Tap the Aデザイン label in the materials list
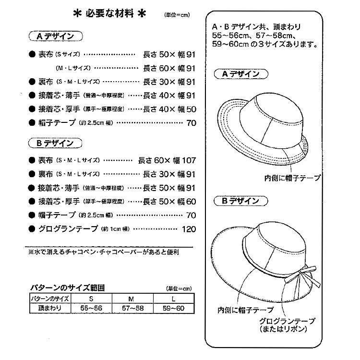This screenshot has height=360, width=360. pyautogui.click(x=57, y=36)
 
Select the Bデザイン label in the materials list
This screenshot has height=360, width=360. pyautogui.click(x=57, y=143)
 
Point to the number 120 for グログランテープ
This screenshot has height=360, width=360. pyautogui.click(x=189, y=229)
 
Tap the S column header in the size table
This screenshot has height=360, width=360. pyautogui.click(x=91, y=299)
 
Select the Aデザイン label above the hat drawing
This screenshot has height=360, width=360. pyautogui.click(x=240, y=74)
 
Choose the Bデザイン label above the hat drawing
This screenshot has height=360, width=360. pyautogui.click(x=240, y=200)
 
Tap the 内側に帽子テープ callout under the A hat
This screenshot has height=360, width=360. pyautogui.click(x=292, y=178)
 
